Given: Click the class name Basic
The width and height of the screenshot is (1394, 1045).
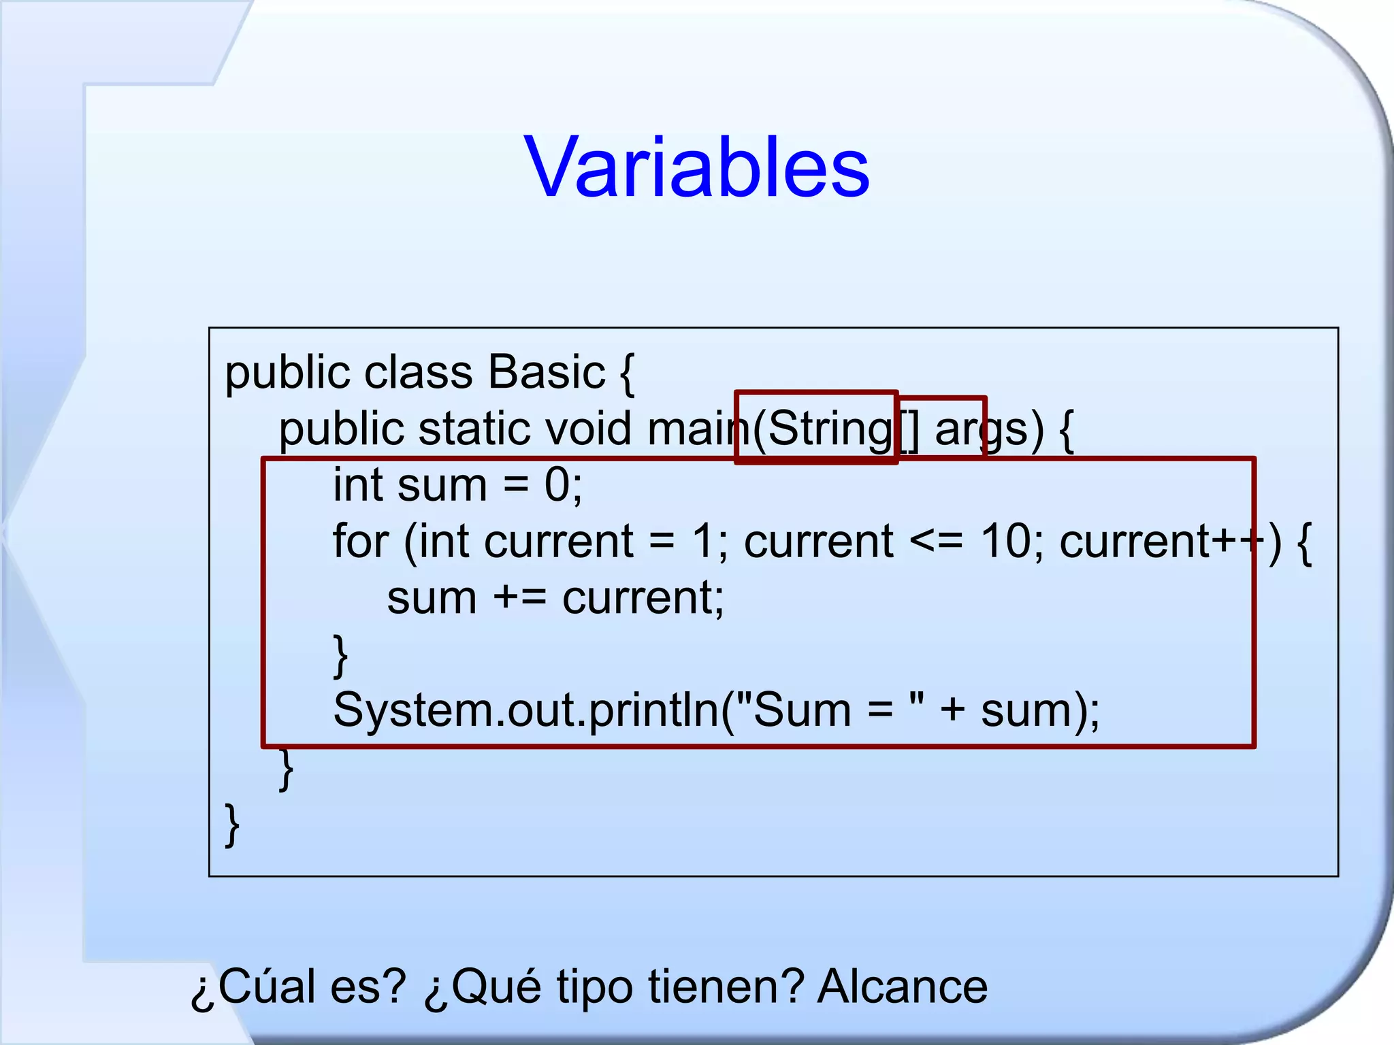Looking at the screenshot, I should coord(547,372).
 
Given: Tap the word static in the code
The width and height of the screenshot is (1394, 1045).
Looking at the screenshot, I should coord(474,429).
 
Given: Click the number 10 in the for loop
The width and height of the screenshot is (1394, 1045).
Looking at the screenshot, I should coord(1006,542).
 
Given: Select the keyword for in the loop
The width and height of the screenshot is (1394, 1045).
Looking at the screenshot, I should coord(360,542).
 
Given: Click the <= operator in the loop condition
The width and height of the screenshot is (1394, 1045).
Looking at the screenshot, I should coord(937,542).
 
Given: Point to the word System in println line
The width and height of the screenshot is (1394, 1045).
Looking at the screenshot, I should coord(410,710).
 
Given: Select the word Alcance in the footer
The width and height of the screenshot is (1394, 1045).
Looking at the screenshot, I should coord(903,986).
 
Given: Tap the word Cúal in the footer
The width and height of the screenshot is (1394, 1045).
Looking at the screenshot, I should coord(267,986).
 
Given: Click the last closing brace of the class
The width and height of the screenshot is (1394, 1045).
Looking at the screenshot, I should coord(232,825).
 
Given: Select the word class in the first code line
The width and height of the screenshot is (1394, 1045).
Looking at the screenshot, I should coord(418,372).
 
